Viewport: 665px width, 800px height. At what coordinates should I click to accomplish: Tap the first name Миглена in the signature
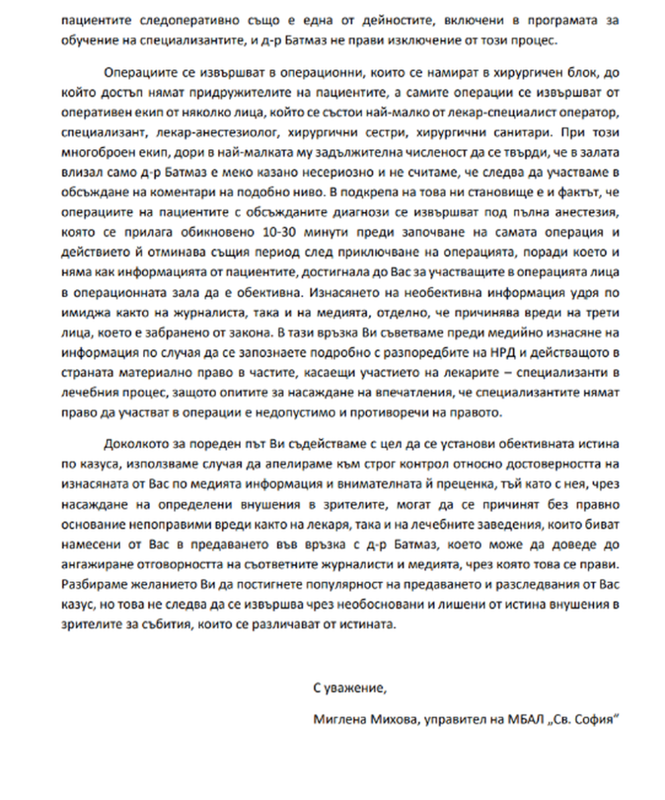[x=337, y=719]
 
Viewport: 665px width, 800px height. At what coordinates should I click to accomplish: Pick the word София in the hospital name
[x=595, y=719]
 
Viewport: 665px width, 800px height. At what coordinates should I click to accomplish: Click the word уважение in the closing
[x=354, y=687]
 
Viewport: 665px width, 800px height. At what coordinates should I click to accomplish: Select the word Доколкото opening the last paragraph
[x=133, y=445]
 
